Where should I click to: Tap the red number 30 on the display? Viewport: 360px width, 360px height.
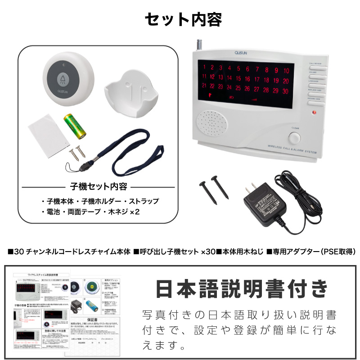pyautogui.click(x=286, y=90)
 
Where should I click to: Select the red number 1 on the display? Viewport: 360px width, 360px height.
pyautogui.click(x=205, y=68)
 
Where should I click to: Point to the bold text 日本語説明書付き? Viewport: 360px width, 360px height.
pyautogui.click(x=241, y=290)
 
